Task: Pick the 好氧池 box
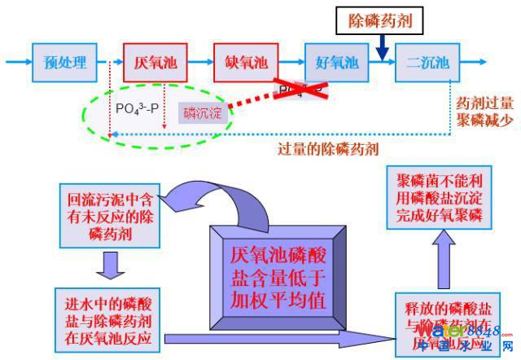click(337, 62)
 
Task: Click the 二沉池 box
click(428, 62)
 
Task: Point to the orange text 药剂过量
click(485, 103)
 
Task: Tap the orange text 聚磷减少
click(485, 120)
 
